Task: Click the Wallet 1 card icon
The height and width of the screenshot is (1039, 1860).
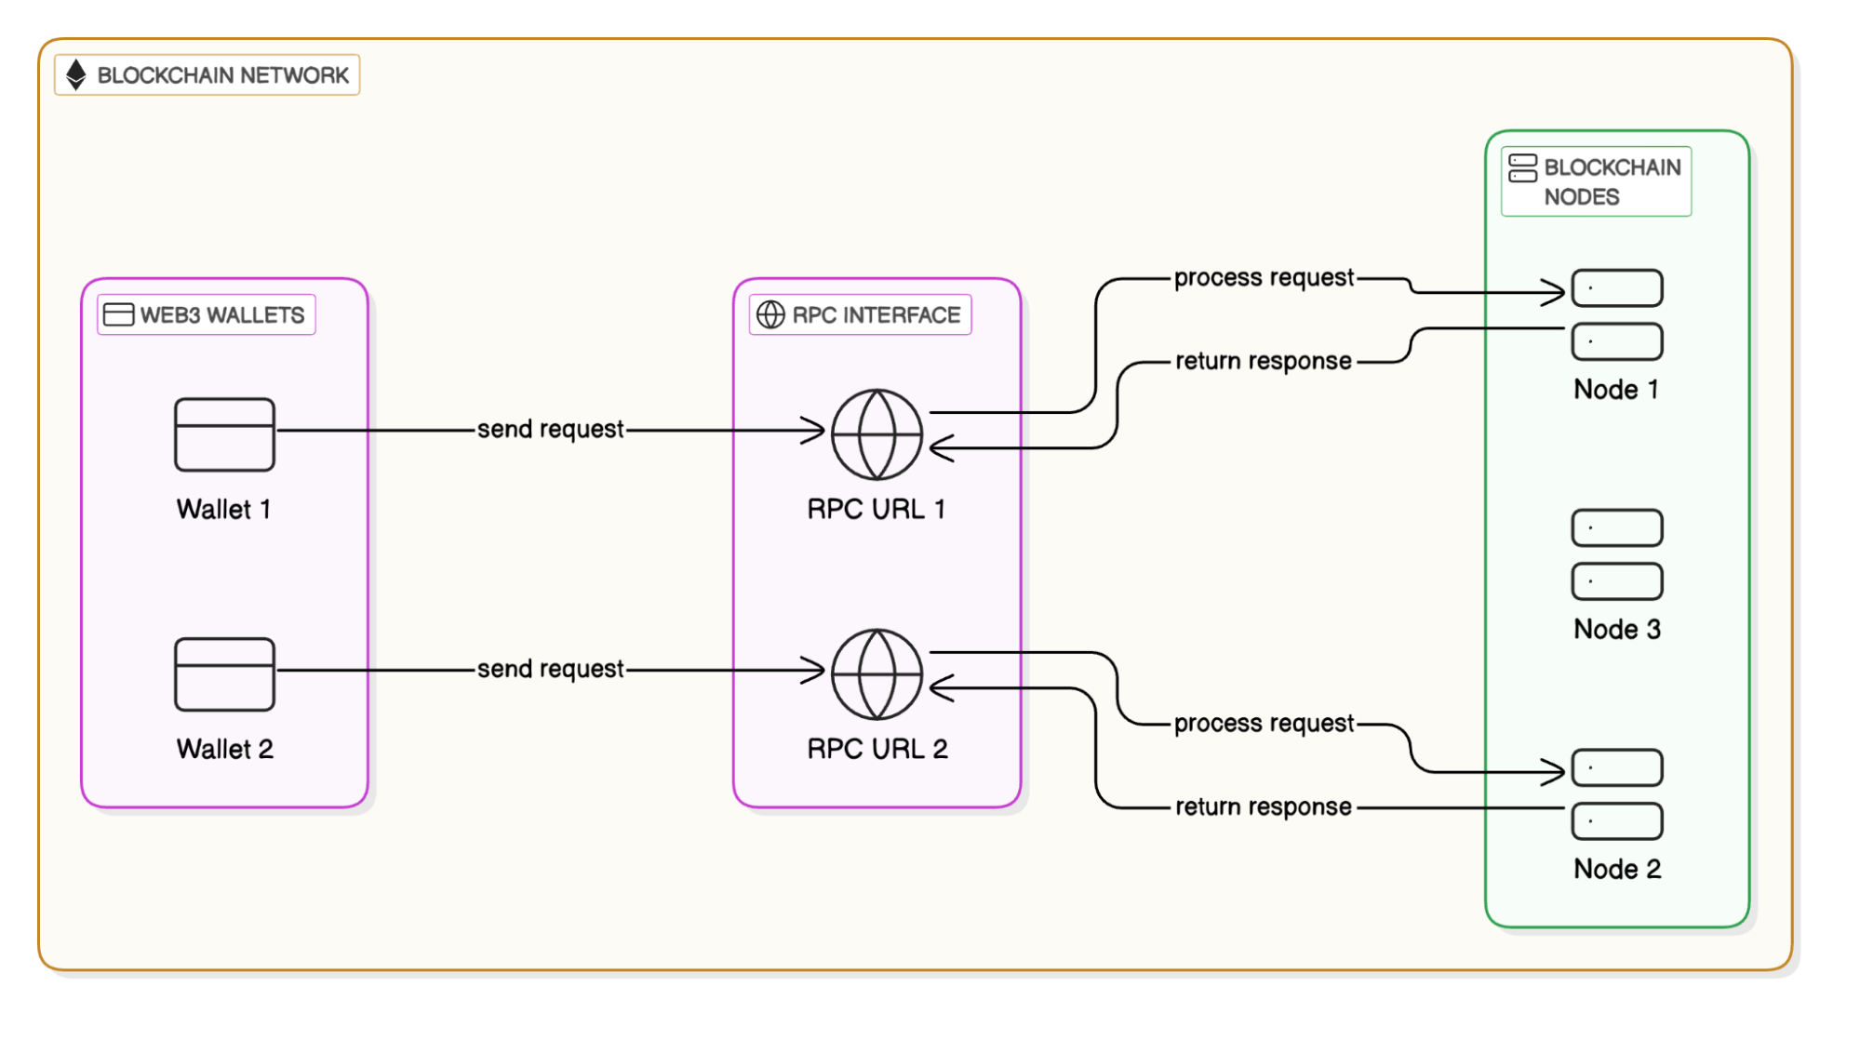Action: pos(224,434)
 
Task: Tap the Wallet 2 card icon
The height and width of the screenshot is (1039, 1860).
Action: pos(224,674)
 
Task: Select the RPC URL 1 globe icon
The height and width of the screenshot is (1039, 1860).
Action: pos(876,434)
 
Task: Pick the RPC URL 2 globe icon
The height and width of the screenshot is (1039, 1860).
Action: pos(876,674)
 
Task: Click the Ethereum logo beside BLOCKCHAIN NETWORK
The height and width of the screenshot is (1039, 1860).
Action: pos(76,74)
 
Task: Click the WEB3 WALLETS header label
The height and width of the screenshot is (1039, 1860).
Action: pos(221,315)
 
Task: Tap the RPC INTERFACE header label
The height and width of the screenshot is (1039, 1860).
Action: pos(876,315)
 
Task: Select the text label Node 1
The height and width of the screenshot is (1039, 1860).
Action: pos(1616,389)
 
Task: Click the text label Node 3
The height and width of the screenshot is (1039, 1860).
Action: pos(1616,629)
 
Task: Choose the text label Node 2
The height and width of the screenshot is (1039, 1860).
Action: pos(1616,869)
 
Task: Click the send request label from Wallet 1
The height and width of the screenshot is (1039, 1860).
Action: pos(550,429)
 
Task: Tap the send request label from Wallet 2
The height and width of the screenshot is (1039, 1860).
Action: pos(550,669)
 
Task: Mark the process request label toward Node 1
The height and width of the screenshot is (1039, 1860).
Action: pos(1264,277)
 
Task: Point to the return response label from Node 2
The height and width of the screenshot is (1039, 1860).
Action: pos(1264,806)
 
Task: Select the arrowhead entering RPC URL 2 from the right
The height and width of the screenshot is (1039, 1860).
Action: pos(940,688)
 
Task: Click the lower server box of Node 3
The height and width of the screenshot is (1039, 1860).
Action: pos(1616,581)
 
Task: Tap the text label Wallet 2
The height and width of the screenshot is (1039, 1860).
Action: pos(224,749)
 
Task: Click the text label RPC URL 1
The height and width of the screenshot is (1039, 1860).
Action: pos(876,509)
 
